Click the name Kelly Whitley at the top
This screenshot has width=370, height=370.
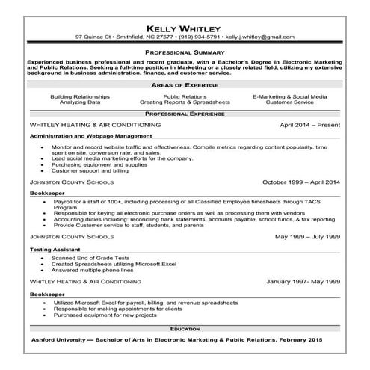(x=185, y=25)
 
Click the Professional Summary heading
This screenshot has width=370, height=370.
(x=185, y=52)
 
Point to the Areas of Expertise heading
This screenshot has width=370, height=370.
(x=185, y=86)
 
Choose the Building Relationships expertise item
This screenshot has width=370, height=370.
(x=80, y=96)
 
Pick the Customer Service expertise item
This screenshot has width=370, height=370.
(x=289, y=102)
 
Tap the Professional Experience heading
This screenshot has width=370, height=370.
(x=185, y=113)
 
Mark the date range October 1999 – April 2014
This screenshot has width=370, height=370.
(x=301, y=182)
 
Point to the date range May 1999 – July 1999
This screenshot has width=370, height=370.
(x=307, y=236)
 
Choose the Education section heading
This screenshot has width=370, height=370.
(x=185, y=328)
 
